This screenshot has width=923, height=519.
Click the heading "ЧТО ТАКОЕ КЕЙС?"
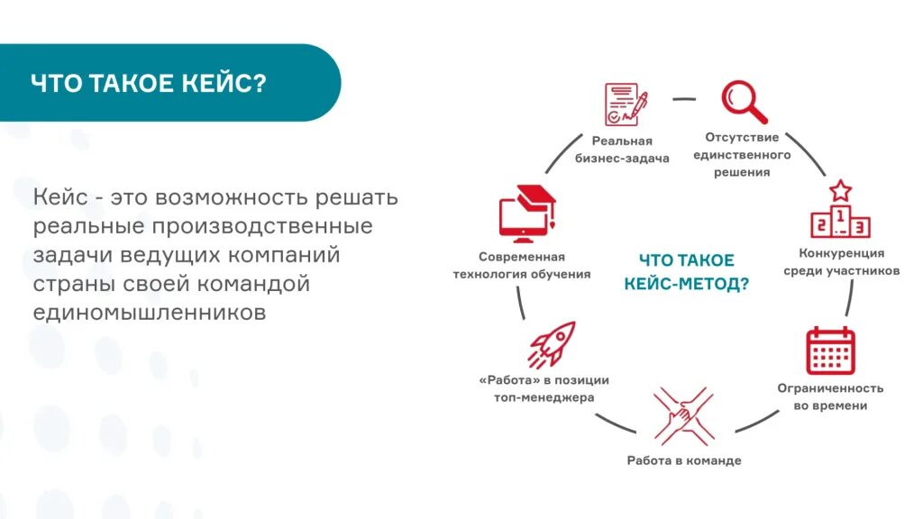(149, 83)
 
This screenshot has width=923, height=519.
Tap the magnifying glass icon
(743, 102)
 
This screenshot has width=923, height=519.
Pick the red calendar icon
(830, 351)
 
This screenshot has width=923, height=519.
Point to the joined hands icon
(684, 415)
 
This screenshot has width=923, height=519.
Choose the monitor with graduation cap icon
(527, 214)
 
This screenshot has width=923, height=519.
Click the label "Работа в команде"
(684, 460)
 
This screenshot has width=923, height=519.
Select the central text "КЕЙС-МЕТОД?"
(687, 283)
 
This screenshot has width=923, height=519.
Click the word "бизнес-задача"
(622, 159)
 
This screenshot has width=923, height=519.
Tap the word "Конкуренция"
(841, 253)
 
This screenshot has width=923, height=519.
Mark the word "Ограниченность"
(830, 388)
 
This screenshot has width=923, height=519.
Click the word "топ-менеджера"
(544, 397)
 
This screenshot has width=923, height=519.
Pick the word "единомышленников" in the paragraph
(150, 312)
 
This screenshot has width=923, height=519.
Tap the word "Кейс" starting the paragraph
(62, 196)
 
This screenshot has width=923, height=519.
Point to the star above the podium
(840, 190)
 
